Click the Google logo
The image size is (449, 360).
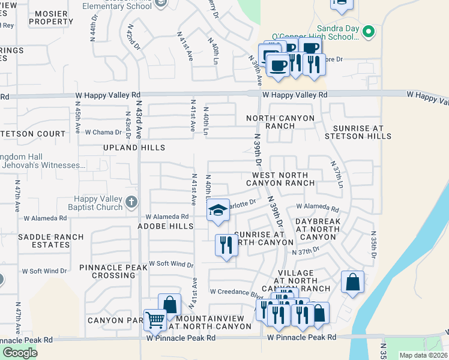click(x=19, y=353)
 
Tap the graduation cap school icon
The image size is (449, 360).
click(x=218, y=209)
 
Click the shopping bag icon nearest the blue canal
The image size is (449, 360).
click(x=352, y=281)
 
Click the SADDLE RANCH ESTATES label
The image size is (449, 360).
click(x=51, y=241)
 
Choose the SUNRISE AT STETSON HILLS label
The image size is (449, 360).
click(x=358, y=133)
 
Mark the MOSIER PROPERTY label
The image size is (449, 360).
click(x=51, y=17)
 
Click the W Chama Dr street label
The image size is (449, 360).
click(x=103, y=132)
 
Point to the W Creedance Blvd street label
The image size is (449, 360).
click(x=237, y=292)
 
